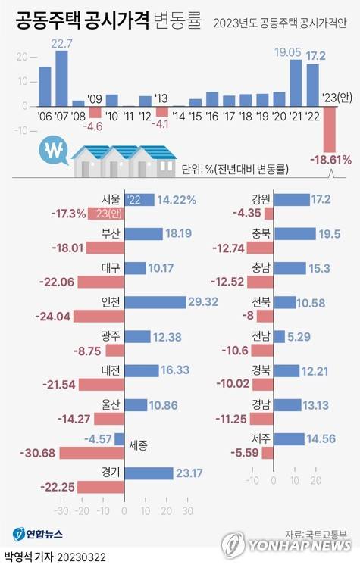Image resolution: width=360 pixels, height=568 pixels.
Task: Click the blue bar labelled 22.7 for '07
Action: point(61,78)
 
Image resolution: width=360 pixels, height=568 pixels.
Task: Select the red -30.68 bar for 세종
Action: point(90,453)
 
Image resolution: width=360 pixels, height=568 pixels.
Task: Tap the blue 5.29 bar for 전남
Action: point(279,335)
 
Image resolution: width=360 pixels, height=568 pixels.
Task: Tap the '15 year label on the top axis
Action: point(196,117)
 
